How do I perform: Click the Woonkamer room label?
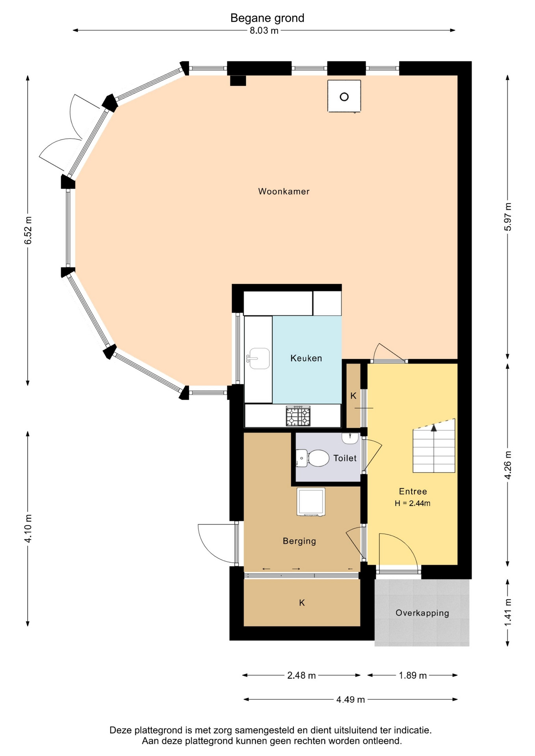click(x=284, y=191)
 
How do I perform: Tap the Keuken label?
click(x=306, y=358)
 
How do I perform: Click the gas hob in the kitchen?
click(x=298, y=416)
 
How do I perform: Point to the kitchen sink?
click(x=259, y=358)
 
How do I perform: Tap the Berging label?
click(x=299, y=541)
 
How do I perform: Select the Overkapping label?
click(x=422, y=613)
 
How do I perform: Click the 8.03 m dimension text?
click(x=264, y=31)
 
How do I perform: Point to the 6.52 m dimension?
click(x=28, y=230)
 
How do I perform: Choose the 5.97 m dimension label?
click(x=508, y=217)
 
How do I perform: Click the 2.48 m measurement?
click(x=301, y=676)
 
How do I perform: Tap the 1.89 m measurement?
click(x=412, y=676)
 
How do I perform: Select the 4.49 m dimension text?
click(x=350, y=700)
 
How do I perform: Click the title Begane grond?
click(x=267, y=18)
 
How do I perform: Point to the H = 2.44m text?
click(x=412, y=503)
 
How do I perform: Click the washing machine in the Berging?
click(x=311, y=502)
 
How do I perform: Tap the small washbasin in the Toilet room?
click(x=350, y=438)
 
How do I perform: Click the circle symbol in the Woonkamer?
click(x=344, y=97)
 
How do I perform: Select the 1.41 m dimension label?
click(x=508, y=612)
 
